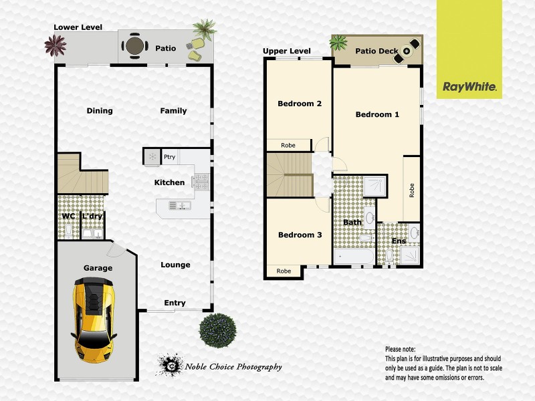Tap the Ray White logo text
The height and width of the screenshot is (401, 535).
(469, 87)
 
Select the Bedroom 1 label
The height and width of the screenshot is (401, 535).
(377, 114)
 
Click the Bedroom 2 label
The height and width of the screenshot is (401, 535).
(300, 104)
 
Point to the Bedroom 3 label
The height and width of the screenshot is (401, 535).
(300, 235)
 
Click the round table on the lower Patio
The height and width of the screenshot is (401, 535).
(134, 46)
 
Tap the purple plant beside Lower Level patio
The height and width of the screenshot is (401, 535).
(55, 46)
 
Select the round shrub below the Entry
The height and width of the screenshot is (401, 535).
(217, 329)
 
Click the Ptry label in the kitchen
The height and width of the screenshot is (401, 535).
(169, 158)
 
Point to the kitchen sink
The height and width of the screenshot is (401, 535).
(176, 206)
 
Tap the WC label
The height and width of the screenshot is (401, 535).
(68, 217)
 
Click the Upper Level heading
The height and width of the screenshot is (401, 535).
(286, 51)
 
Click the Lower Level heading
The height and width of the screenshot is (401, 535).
(78, 27)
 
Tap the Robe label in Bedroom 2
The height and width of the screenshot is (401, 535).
(288, 145)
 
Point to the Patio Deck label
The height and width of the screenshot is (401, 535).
(377, 51)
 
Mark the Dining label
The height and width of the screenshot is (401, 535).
(100, 111)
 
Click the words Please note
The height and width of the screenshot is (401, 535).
(400, 349)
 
